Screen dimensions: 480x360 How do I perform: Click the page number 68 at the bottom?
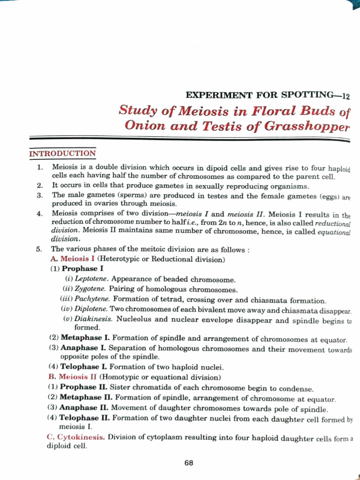[188, 463]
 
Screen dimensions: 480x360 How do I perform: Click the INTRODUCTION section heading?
[62, 153]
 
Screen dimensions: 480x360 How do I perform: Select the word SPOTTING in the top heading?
[306, 95]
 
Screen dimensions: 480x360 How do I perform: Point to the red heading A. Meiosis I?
[72, 259]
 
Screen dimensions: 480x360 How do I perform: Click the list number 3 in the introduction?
[40, 195]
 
